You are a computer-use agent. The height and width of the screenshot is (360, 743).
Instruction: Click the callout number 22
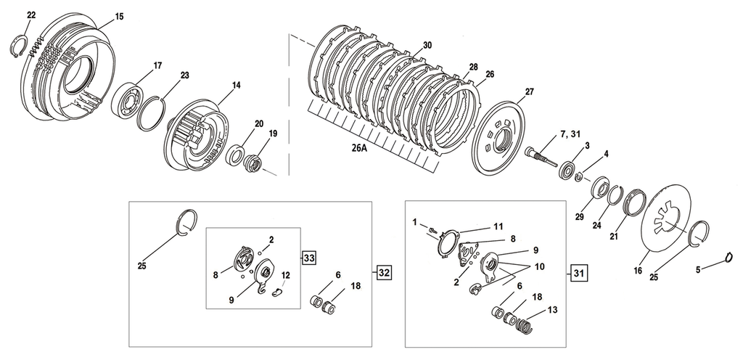(x=31, y=15)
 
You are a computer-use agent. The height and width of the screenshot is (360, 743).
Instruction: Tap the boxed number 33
(x=309, y=258)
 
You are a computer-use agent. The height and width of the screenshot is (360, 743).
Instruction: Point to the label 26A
(x=360, y=147)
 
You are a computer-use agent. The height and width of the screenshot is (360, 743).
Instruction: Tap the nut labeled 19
(x=252, y=165)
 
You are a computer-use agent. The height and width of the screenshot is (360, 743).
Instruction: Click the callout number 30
(x=427, y=45)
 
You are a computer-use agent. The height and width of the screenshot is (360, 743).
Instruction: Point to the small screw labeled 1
(x=432, y=230)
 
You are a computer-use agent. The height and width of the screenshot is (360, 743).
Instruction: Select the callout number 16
(x=638, y=271)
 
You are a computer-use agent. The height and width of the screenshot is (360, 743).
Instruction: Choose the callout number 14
(x=236, y=86)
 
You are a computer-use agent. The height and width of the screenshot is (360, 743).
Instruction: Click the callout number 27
(x=529, y=91)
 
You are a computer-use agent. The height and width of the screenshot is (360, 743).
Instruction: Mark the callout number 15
(x=119, y=17)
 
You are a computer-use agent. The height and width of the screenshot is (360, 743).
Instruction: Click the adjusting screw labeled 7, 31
(x=541, y=156)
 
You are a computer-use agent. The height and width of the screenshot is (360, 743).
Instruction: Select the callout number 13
(x=552, y=310)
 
